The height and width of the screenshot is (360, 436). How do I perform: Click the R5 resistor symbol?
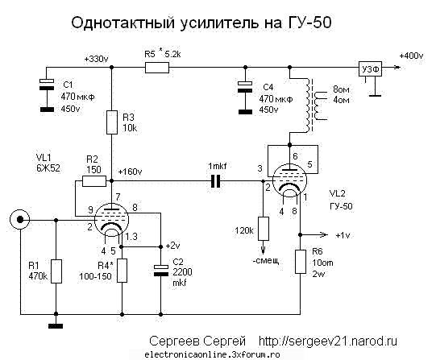156,69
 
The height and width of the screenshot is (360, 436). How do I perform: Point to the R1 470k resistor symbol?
55,270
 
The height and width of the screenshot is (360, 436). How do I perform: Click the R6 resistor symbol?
300,262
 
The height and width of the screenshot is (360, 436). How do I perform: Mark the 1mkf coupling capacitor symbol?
214,181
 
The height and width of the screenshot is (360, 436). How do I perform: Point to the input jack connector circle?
19,218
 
